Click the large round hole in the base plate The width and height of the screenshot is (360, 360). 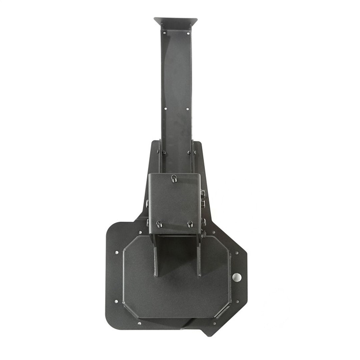pyautogui.click(x=237, y=276)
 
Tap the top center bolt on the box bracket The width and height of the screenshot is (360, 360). pyautogui.click(x=173, y=178)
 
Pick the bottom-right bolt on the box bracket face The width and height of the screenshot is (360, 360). pyautogui.click(x=190, y=224)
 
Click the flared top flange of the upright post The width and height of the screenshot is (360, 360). pyautogui.click(x=176, y=23)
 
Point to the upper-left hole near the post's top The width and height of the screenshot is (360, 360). pyautogui.click(x=164, y=33)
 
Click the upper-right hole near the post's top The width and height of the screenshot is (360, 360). pyautogui.click(x=188, y=33)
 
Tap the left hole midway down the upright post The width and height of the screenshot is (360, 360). pyautogui.click(x=165, y=108)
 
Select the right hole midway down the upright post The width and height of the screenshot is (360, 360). pyautogui.click(x=187, y=109)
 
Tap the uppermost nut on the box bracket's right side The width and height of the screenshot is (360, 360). pyautogui.click(x=202, y=193)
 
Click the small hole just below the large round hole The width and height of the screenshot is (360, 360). pyautogui.click(x=237, y=301)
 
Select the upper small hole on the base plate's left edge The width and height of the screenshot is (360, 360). pyautogui.click(x=116, y=252)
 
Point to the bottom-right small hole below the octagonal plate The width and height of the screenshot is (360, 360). pyautogui.click(x=214, y=323)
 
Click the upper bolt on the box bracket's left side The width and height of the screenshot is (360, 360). pyautogui.click(x=147, y=203)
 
